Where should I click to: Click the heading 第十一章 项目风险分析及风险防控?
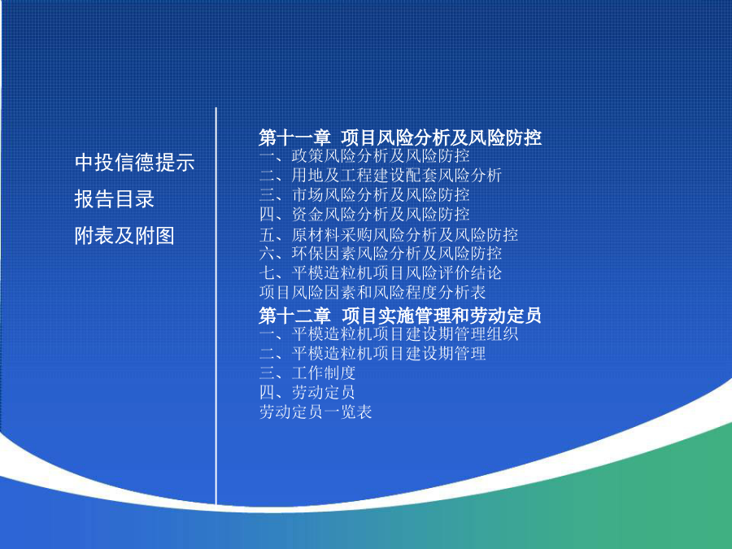point(400,137)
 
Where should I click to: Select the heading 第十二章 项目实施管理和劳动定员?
point(400,316)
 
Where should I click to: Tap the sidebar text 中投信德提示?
point(134,163)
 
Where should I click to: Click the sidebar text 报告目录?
point(115,199)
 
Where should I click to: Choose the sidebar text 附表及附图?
point(124,235)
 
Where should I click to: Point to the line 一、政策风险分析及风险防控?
point(364,156)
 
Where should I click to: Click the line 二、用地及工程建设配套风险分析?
point(381,176)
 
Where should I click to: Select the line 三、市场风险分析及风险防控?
point(364,194)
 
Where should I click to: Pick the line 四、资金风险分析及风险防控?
point(364,214)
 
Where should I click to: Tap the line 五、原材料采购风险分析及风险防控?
point(389,234)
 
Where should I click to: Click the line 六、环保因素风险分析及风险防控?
point(381,254)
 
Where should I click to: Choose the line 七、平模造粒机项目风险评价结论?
point(381,273)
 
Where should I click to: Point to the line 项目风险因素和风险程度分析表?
point(373,293)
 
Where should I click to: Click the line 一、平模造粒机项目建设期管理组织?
point(389,334)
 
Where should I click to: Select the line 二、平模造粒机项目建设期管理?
point(373,354)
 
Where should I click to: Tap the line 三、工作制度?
point(307,373)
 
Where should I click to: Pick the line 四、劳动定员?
point(307,393)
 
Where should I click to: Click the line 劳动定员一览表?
point(316,412)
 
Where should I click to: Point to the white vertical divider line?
point(216,306)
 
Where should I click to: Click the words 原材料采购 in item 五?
point(333,234)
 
